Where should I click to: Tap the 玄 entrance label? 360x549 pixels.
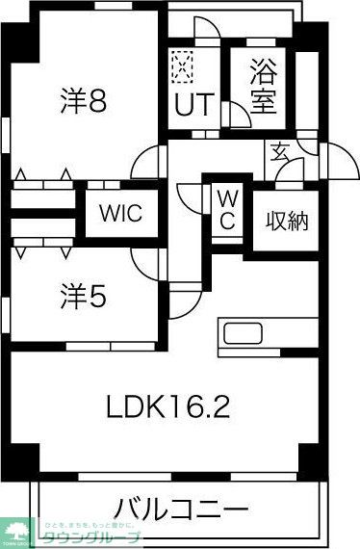[279, 152]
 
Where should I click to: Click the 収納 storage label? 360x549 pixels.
[287, 221]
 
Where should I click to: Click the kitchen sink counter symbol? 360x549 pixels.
[243, 337]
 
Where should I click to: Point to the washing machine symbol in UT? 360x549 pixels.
[182, 65]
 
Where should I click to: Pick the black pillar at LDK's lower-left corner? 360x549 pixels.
[24, 456]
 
